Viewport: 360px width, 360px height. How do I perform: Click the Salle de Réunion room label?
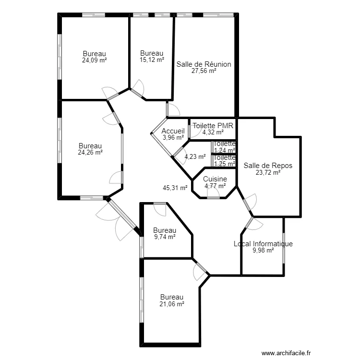tap(204, 64)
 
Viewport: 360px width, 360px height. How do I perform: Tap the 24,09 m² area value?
tap(95, 60)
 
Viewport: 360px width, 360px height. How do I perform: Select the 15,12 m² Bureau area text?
tap(152, 60)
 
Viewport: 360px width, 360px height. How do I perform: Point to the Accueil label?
tap(173, 131)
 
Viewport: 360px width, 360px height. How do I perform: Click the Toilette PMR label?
tap(213, 126)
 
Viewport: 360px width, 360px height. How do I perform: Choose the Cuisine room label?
tap(215, 179)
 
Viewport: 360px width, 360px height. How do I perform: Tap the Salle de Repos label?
tap(268, 166)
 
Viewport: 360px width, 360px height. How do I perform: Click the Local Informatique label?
tap(263, 243)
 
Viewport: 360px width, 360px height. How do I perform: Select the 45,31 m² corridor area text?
tap(175, 188)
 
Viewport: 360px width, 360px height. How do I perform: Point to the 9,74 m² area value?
tap(165, 237)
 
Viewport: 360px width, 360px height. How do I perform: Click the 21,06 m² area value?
tap(172, 304)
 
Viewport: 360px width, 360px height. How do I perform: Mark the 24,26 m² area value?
tap(90, 153)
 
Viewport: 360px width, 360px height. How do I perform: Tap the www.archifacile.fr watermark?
tap(286, 353)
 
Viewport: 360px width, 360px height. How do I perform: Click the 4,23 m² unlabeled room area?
tap(195, 157)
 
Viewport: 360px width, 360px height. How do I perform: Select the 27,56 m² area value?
tap(204, 71)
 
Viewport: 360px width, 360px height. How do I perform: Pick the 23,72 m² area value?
tap(268, 172)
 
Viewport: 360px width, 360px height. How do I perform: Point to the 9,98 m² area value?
tap(263, 251)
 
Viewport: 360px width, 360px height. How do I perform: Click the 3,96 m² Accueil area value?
tap(173, 138)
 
